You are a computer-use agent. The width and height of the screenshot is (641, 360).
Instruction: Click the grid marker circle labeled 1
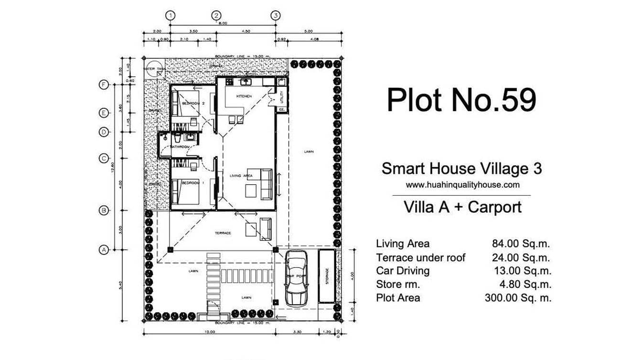[171, 15]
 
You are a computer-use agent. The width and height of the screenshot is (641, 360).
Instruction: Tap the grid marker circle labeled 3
[275, 15]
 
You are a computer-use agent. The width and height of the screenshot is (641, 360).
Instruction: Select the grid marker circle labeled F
[103, 85]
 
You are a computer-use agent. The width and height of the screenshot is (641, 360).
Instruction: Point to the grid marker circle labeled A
[103, 249]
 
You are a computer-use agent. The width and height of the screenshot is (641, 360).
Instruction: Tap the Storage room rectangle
[327, 275]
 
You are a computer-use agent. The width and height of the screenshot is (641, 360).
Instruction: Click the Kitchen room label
[244, 96]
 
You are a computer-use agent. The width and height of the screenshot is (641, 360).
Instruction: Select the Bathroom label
[181, 147]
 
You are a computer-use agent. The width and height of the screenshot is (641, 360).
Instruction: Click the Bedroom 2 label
[193, 103]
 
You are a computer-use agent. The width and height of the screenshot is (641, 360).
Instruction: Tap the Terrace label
[223, 233]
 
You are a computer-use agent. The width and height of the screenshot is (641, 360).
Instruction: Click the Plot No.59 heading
[461, 100]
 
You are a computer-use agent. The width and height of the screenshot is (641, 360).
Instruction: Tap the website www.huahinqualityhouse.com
[462, 185]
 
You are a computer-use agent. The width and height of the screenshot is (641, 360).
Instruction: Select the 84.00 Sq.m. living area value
[521, 244]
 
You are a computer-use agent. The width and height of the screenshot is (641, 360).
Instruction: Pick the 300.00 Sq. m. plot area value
[518, 298]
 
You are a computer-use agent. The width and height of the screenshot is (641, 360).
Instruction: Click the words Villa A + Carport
[462, 207]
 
